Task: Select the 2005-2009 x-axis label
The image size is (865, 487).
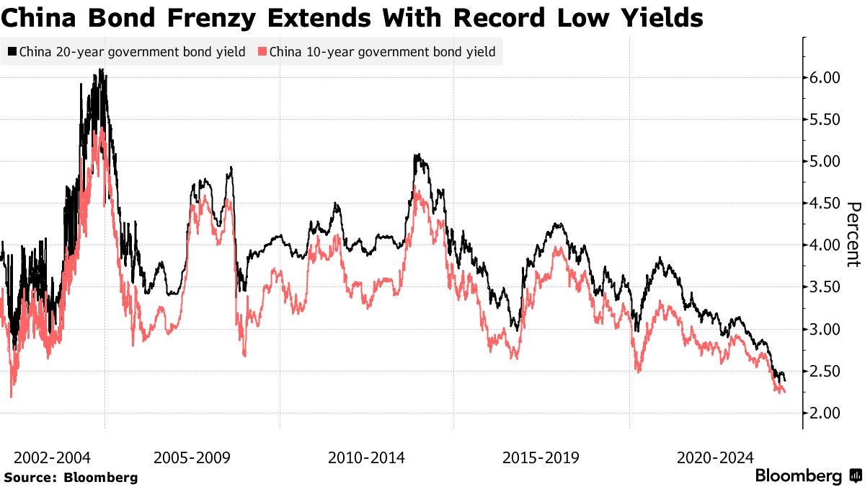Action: pyautogui.click(x=191, y=457)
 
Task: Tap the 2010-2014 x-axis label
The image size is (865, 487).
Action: pyautogui.click(x=366, y=457)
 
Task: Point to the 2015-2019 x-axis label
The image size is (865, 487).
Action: pyautogui.click(x=541, y=457)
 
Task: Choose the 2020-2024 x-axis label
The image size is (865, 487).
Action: pyautogui.click(x=715, y=457)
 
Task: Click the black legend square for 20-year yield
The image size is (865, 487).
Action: pyautogui.click(x=12, y=52)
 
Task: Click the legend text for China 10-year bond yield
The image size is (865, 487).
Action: pyautogui.click(x=381, y=52)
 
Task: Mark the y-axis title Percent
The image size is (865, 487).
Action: pyautogui.click(x=852, y=234)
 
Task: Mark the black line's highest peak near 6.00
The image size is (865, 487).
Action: pyautogui.click(x=101, y=70)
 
